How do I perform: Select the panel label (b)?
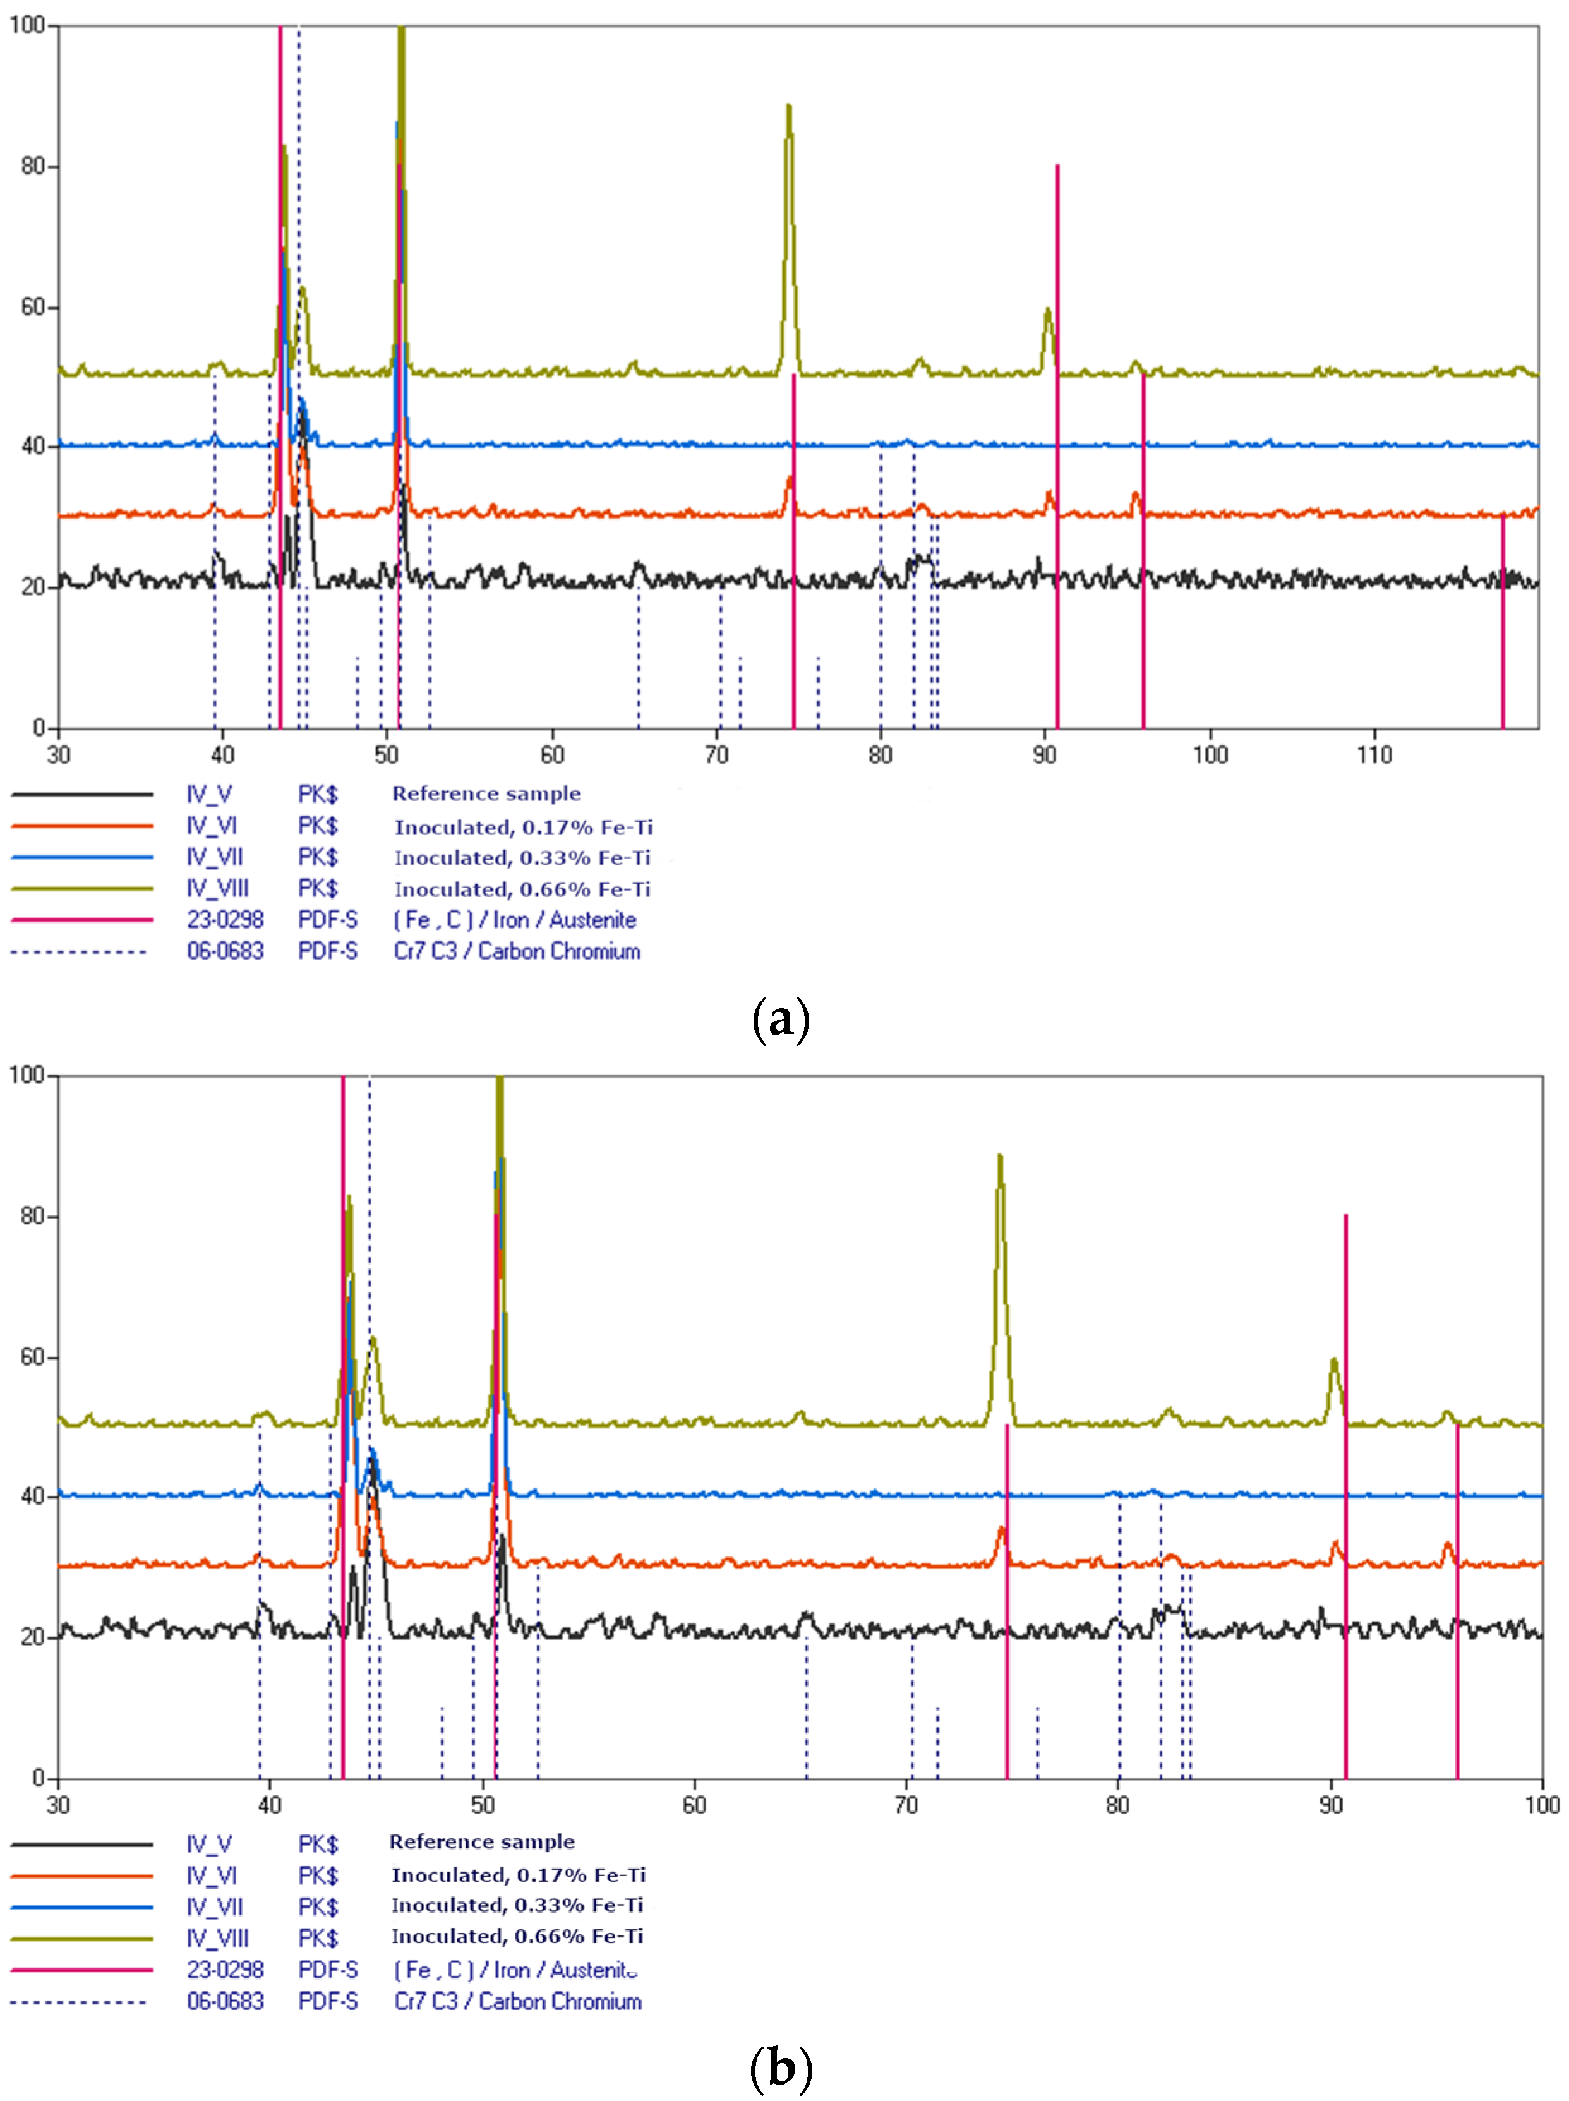[x=779, y=2068]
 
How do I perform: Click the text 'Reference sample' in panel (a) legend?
[x=486, y=793]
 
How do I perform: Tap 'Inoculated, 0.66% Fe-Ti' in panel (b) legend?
[x=517, y=1935]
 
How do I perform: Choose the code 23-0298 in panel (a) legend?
[x=225, y=920]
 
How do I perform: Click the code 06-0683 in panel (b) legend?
[x=225, y=2001]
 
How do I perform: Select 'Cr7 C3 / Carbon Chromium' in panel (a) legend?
[x=517, y=951]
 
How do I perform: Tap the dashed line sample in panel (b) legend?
[x=81, y=2001]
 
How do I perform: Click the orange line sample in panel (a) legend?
[x=81, y=826]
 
